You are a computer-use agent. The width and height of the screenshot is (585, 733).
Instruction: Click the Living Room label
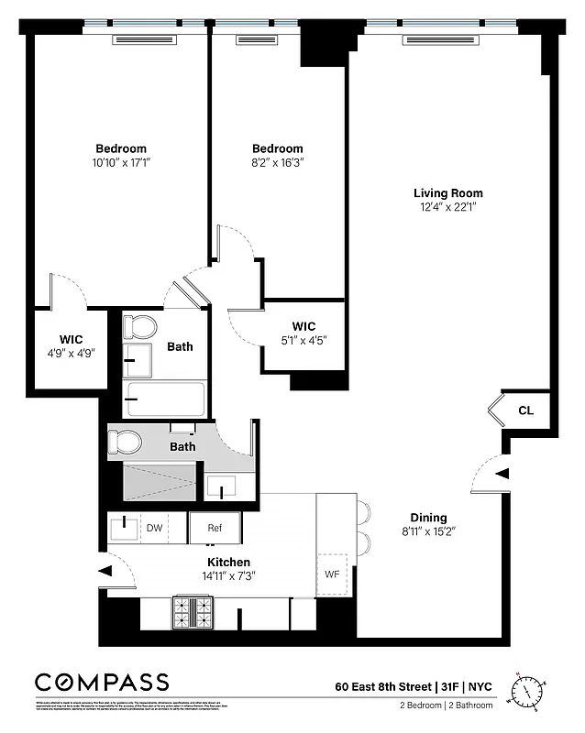[447, 193]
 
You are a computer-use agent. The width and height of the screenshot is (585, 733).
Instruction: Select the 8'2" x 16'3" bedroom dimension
[277, 162]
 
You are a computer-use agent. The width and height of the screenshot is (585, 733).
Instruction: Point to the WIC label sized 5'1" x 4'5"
[304, 326]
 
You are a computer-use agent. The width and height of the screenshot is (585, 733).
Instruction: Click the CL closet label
[525, 410]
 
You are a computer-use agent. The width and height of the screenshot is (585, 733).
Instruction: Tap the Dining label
[428, 518]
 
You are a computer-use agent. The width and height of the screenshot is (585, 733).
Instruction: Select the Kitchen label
[228, 562]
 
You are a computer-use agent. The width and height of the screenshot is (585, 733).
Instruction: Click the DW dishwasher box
[155, 528]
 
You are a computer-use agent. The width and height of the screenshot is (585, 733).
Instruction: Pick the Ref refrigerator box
[215, 528]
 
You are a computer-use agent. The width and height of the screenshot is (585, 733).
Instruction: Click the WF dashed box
[332, 574]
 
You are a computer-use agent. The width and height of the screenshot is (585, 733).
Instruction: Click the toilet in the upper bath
[140, 327]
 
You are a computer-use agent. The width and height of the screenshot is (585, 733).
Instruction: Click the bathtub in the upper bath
[165, 399]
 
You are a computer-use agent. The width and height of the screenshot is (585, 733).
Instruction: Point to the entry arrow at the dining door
[502, 474]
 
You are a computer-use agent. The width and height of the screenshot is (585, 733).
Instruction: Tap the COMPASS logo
[102, 682]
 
